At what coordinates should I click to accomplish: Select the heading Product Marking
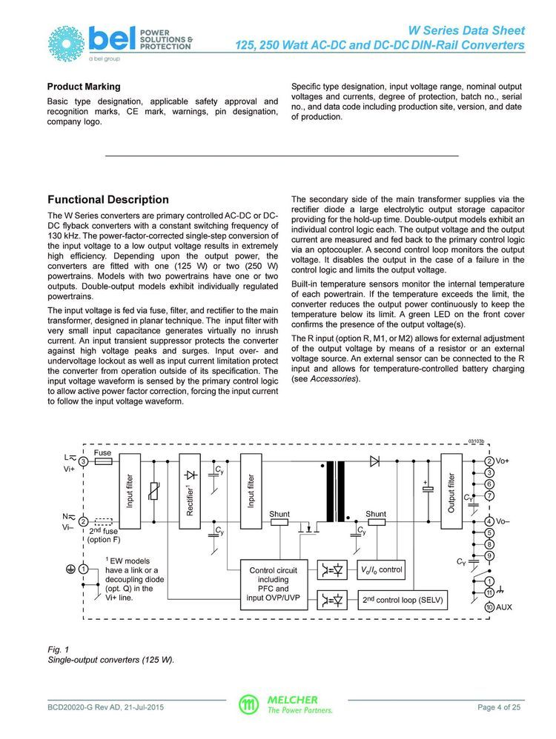click(84, 87)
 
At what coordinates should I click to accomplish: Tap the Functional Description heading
click(108, 199)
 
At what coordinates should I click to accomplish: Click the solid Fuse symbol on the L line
click(103, 461)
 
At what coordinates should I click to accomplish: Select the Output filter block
click(451, 492)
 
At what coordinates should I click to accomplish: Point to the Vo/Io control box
click(381, 569)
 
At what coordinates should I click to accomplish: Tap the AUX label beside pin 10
click(505, 607)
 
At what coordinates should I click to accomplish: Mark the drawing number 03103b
click(475, 442)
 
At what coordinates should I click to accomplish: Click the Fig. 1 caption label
click(57, 649)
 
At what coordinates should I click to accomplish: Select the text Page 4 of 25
click(500, 707)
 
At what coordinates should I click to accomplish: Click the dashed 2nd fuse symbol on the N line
click(105, 521)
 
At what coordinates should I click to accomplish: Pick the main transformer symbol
click(335, 492)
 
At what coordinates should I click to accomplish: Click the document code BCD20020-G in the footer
click(73, 707)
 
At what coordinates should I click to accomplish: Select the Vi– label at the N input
click(69, 527)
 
